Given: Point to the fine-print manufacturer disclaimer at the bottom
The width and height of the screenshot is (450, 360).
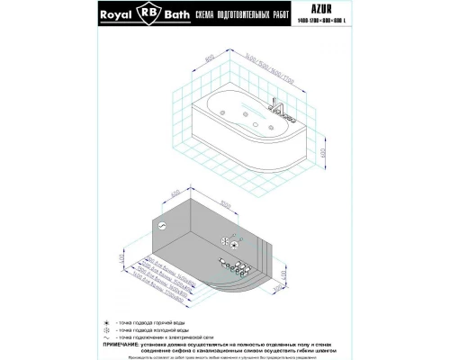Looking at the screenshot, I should pos(225,357).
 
